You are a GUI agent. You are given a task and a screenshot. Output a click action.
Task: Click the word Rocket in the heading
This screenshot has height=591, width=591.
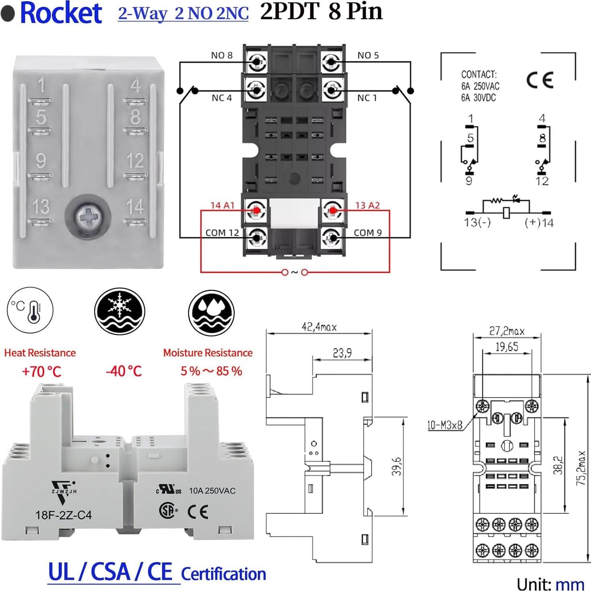61,13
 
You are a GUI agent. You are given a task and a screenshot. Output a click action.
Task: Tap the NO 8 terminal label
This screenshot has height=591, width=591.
222,56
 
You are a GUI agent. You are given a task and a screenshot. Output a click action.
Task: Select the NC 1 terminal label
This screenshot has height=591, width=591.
367,98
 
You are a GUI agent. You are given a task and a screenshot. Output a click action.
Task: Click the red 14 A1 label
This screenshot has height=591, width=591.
222,206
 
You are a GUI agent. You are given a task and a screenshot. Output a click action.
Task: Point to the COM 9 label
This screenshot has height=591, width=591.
368,233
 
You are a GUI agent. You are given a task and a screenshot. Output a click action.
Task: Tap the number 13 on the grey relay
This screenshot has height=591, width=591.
41,207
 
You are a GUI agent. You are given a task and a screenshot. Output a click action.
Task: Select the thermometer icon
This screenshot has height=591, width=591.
30,310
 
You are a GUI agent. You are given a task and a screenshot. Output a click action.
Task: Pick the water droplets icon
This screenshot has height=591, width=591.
211,313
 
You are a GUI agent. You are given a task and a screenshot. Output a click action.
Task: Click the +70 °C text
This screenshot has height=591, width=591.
41,371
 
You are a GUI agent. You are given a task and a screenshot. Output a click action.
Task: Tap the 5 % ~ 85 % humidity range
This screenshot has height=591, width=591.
211,371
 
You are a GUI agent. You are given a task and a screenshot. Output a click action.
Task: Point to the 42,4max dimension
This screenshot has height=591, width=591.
319,327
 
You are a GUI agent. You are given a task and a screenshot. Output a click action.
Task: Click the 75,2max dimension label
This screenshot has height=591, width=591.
581,468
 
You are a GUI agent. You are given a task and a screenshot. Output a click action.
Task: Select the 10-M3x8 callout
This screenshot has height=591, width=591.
445,425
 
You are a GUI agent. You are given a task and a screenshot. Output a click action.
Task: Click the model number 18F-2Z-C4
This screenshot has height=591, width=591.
64,515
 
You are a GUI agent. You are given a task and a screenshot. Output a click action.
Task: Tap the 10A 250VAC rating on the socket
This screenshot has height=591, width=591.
212,491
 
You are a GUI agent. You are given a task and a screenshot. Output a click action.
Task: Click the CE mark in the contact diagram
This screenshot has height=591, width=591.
540,80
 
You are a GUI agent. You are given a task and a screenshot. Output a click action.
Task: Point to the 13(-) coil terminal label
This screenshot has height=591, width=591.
477,222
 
